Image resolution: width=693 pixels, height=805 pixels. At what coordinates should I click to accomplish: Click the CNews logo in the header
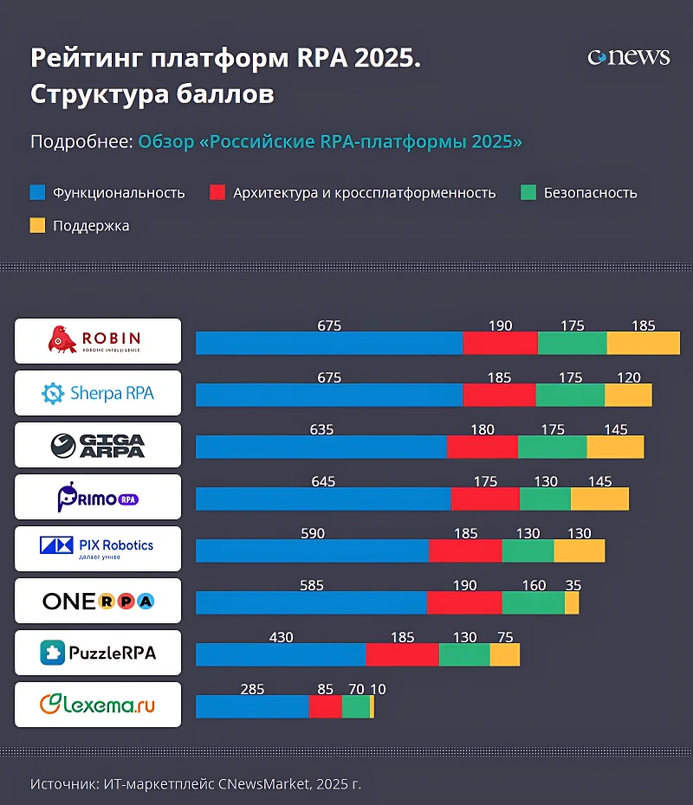pos(629,57)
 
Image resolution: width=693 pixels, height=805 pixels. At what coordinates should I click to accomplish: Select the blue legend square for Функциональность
pos(37,192)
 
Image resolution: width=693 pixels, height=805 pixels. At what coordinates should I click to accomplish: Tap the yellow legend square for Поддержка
pos(37,225)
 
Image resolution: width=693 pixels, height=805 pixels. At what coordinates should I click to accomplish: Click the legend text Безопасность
pos(590,193)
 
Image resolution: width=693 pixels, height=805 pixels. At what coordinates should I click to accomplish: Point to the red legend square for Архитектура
pos(217,192)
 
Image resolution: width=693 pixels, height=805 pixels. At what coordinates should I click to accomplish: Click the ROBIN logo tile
pos(98,341)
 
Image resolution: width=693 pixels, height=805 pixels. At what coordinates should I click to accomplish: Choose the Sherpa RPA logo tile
pos(98,393)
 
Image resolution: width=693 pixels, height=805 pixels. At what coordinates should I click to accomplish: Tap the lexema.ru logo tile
pos(98,705)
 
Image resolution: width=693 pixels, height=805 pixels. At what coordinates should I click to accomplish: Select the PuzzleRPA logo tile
pos(98,653)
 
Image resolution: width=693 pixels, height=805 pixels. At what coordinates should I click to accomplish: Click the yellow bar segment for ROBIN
pos(643,343)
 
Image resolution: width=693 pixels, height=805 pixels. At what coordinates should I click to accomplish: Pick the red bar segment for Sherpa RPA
pos(499,395)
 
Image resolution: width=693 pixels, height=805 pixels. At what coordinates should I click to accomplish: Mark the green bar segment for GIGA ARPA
pos(552,447)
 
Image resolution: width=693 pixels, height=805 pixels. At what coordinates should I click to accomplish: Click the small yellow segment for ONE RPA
pos(572,602)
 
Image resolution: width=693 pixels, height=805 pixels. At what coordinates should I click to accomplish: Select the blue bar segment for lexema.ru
pos(252,706)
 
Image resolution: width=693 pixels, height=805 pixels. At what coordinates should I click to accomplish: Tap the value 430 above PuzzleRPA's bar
pos(281,637)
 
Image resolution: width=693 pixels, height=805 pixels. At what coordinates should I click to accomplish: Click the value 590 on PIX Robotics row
pos(312,533)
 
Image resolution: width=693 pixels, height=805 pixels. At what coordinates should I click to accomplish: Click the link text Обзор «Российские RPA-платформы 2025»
pos(330,141)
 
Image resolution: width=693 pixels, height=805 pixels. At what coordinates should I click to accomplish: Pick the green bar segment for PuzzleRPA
pos(464,654)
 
